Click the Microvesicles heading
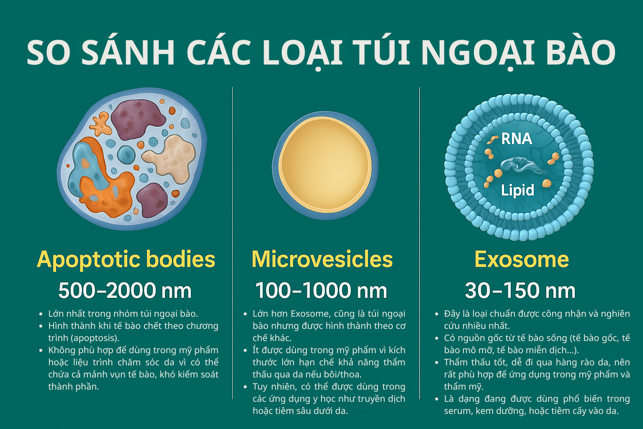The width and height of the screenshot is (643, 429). click(x=322, y=259)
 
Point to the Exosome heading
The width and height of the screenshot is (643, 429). click(x=522, y=259)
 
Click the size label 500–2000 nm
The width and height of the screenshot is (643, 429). click(x=125, y=290)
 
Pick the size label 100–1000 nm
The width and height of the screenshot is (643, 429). click(x=321, y=290)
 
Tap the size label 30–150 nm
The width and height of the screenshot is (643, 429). click(x=520, y=290)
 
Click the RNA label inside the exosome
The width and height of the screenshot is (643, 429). click(x=517, y=139)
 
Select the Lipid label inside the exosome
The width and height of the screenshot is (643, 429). click(x=517, y=190)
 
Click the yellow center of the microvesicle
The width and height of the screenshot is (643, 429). click(x=325, y=163)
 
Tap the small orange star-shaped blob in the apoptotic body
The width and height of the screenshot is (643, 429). click(x=101, y=124)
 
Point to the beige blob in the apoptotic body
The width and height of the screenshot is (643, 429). click(x=170, y=158)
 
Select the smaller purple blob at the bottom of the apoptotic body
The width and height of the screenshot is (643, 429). click(x=152, y=200)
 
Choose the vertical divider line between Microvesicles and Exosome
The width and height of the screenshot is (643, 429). click(x=420, y=243)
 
